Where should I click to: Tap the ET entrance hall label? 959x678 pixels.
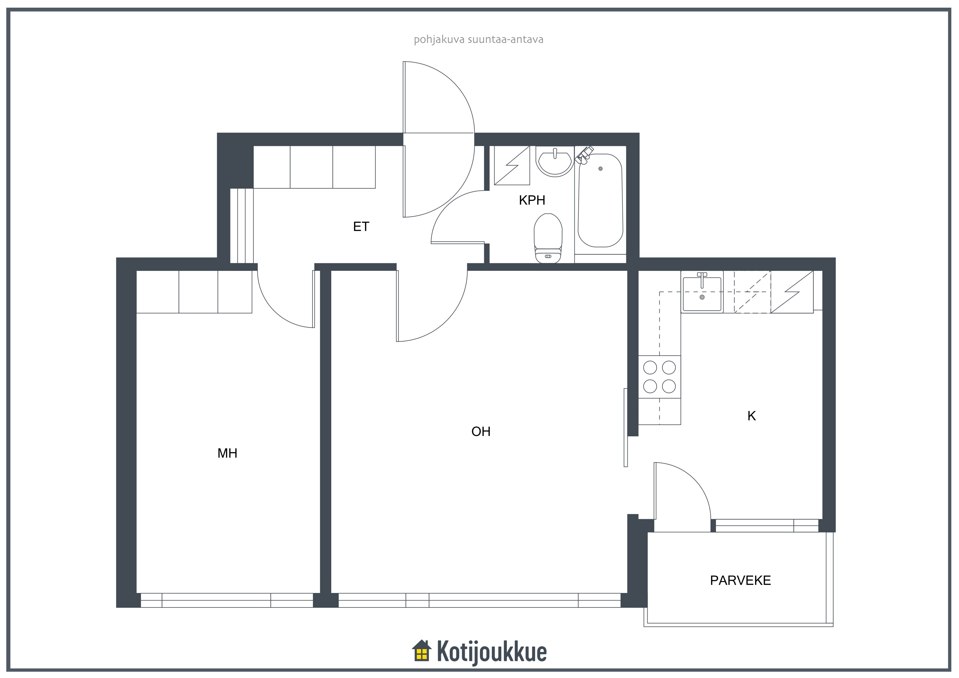coord(361,226)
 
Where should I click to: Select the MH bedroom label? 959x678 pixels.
coord(227,453)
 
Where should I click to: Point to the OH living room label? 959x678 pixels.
coord(481,431)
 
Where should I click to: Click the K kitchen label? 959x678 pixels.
coord(752,416)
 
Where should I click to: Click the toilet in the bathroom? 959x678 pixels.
coord(548,238)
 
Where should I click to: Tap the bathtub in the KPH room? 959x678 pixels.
coord(600,200)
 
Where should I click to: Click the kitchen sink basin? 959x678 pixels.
coord(702,294)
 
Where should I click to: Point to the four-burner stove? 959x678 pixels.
coord(660,377)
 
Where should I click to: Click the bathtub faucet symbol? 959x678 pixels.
coord(584,154)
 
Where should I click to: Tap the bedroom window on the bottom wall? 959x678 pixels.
coord(227,600)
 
